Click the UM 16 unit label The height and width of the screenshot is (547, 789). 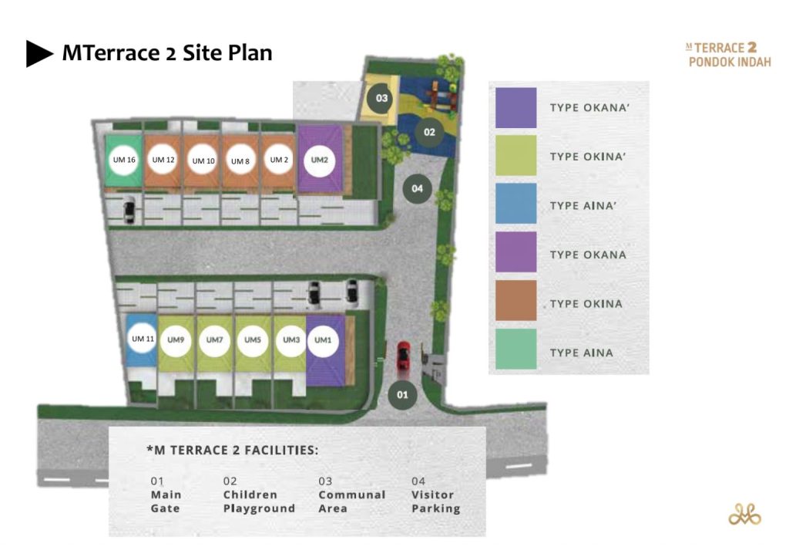(124, 160)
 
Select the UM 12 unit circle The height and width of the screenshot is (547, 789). (163, 160)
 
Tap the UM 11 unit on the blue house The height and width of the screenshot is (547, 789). (143, 339)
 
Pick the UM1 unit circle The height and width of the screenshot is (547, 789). (323, 340)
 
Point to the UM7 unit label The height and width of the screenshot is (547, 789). (214, 340)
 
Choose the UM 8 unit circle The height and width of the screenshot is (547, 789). (240, 161)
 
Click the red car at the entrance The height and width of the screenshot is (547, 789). (404, 355)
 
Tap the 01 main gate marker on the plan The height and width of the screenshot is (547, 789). (402, 395)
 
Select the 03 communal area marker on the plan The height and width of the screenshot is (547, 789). (381, 98)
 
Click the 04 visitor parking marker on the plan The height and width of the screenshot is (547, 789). (417, 189)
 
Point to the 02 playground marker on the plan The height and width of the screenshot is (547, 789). (429, 133)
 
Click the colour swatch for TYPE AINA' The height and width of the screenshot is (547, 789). (515, 203)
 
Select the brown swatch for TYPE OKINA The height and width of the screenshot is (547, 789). (515, 301)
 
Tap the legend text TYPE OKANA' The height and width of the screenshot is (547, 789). (589, 108)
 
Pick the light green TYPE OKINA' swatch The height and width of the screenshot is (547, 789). (515, 155)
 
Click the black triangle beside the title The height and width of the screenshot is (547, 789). (39, 53)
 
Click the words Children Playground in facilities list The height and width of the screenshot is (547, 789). (259, 501)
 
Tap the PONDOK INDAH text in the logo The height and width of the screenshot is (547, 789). (730, 62)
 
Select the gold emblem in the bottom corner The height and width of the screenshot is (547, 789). (745, 514)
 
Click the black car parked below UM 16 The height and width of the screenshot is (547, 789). (129, 209)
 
